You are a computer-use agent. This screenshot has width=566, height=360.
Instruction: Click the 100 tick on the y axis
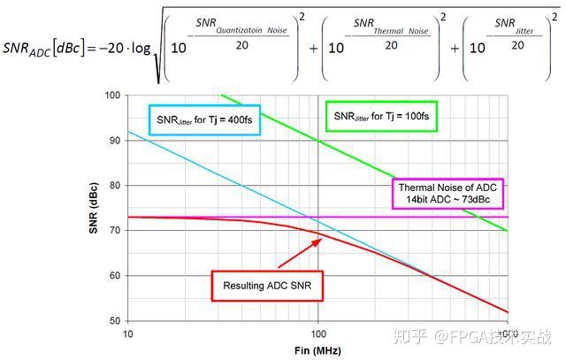[113, 96]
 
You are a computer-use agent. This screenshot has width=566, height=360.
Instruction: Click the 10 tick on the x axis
[128, 333]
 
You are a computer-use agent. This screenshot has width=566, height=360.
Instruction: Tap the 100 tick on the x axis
[318, 333]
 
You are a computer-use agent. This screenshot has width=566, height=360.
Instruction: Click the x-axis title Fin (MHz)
[318, 350]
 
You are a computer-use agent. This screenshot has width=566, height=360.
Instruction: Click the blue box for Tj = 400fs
[203, 119]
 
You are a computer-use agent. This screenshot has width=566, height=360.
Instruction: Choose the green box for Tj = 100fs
[382, 116]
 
